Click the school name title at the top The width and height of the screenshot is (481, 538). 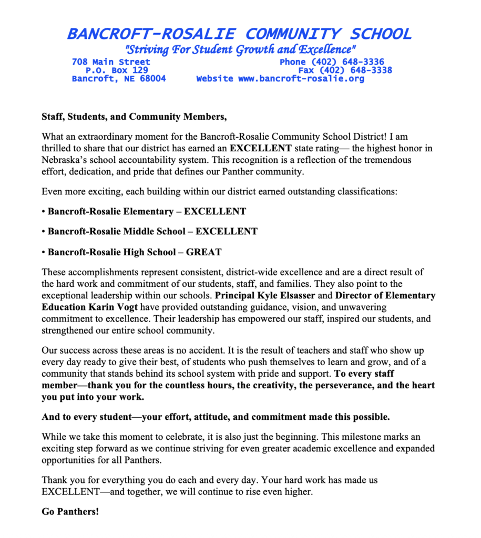pos(239,34)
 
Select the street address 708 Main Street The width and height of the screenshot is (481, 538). pos(111,62)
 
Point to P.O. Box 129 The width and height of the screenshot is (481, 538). pos(117,70)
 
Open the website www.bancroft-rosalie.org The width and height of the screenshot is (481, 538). pos(301,79)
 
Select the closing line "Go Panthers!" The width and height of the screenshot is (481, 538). pos(70,511)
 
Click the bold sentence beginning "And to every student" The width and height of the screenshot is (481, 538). pos(216,418)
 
